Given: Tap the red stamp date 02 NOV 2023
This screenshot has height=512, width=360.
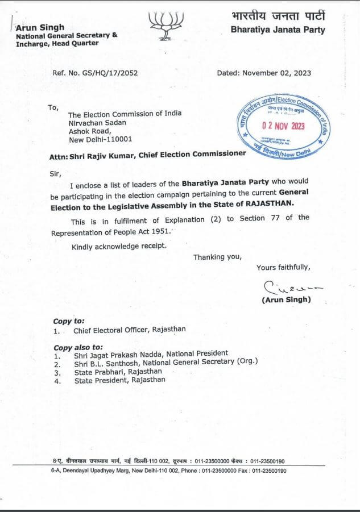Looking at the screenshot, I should click(x=283, y=126).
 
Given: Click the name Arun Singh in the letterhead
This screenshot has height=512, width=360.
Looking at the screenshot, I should click(x=40, y=27).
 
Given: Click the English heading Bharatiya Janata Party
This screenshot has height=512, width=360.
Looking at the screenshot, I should click(x=278, y=30).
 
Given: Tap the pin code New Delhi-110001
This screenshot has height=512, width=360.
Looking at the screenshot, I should click(x=100, y=138).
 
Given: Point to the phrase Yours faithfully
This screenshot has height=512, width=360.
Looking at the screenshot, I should click(x=283, y=268).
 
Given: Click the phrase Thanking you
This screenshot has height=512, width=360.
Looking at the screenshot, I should click(x=217, y=257).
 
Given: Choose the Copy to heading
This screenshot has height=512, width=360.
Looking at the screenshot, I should click(x=69, y=320).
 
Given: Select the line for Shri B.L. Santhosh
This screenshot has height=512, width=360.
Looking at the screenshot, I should click(x=165, y=361).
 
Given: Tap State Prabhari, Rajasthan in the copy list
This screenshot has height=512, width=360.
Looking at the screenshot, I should click(x=118, y=372).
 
